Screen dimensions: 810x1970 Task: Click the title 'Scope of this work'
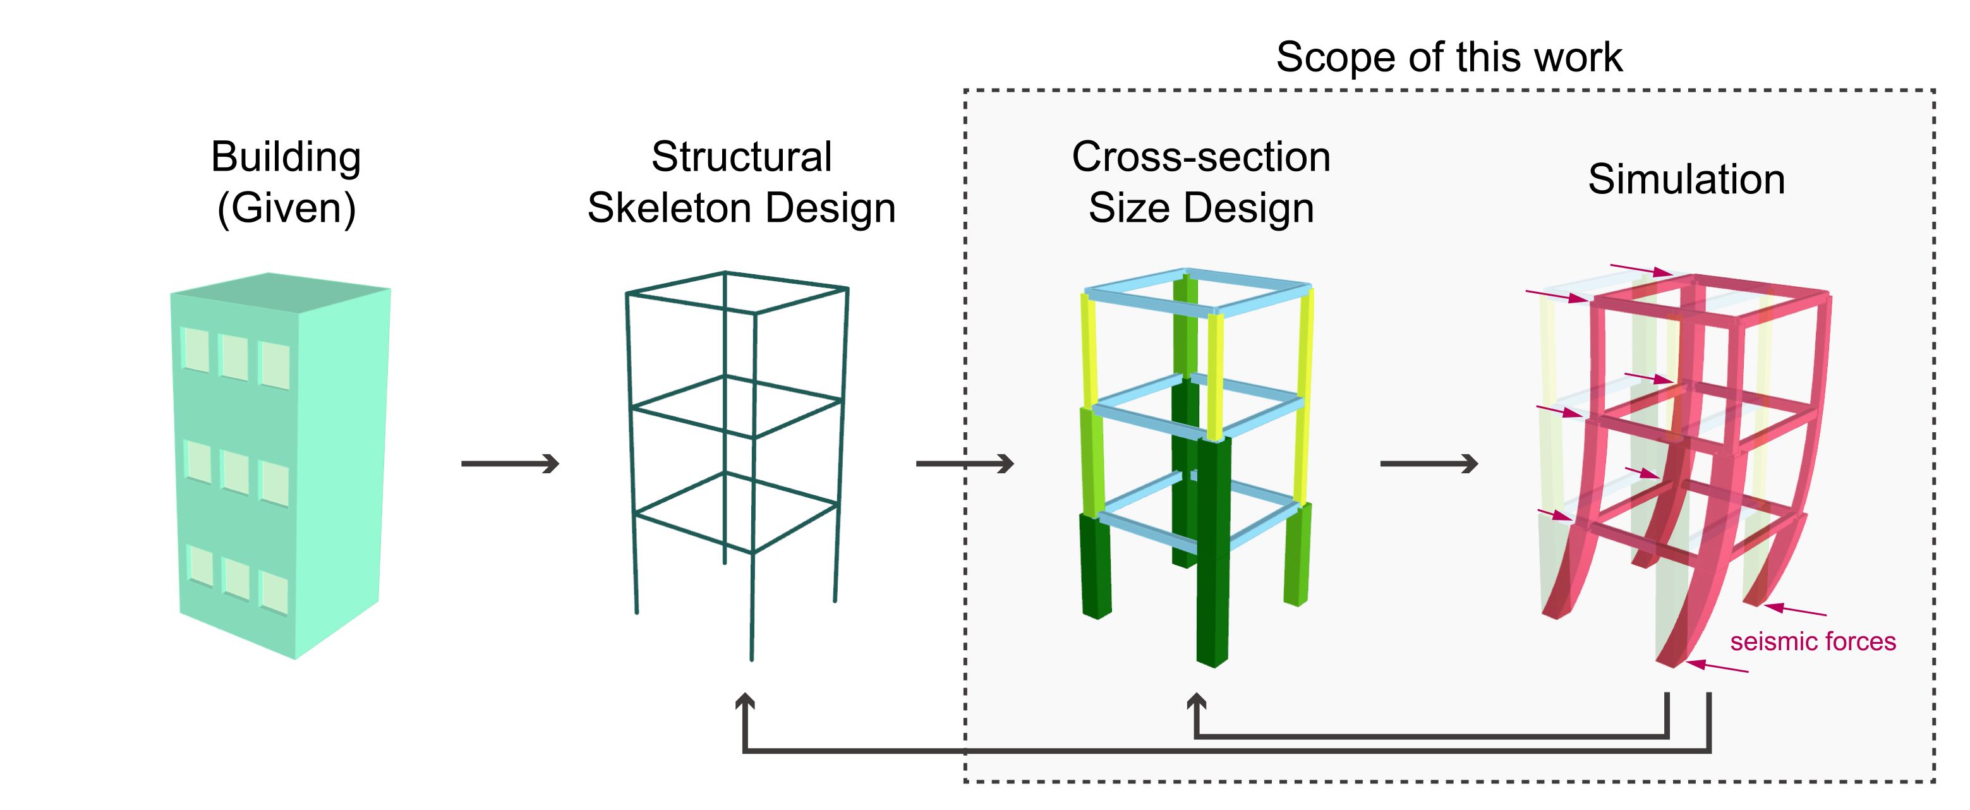click(1449, 57)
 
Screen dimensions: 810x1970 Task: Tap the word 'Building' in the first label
click(285, 157)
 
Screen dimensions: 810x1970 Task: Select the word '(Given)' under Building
click(286, 208)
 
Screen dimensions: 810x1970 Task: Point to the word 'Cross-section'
click(1200, 157)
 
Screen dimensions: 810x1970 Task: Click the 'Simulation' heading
click(1686, 179)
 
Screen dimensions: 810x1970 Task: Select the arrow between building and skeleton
click(510, 464)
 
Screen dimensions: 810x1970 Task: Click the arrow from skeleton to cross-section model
click(964, 464)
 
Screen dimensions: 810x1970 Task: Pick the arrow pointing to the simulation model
click(1429, 464)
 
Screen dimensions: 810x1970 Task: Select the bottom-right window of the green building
click(274, 593)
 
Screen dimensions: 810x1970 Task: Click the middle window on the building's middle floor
click(235, 473)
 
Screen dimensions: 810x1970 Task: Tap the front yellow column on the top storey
click(1215, 375)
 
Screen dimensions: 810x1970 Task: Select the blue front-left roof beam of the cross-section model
click(1147, 301)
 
